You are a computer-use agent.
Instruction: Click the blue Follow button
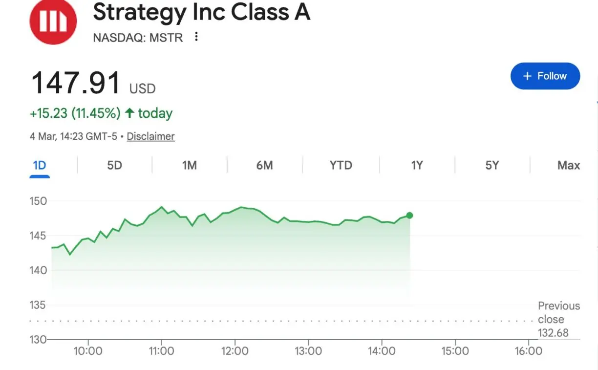[x=545, y=76]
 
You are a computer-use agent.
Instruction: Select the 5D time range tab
[x=114, y=165]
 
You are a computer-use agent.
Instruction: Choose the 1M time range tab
[x=190, y=165]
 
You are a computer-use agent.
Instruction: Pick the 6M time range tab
[x=264, y=165]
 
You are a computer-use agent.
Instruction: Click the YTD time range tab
[x=341, y=165]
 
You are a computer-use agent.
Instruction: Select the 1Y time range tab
[x=417, y=165]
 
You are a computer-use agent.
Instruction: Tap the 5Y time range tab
[x=492, y=165]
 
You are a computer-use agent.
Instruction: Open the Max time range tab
[x=569, y=165]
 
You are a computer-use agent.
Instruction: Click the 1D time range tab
[x=40, y=165]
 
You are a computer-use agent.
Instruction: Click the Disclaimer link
[x=150, y=136]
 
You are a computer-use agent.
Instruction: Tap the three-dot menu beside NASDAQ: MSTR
[x=196, y=37]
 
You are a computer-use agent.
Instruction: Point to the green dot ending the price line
[x=409, y=216]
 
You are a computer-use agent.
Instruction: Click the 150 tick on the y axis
[x=38, y=201]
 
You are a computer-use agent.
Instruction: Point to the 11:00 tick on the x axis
[x=161, y=351]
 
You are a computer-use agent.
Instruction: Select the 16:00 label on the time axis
[x=529, y=351]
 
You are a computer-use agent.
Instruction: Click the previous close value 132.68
[x=553, y=333]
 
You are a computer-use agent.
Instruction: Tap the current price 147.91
[x=76, y=83]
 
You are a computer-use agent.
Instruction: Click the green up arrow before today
[x=129, y=113]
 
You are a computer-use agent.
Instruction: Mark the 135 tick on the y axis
[x=38, y=305]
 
